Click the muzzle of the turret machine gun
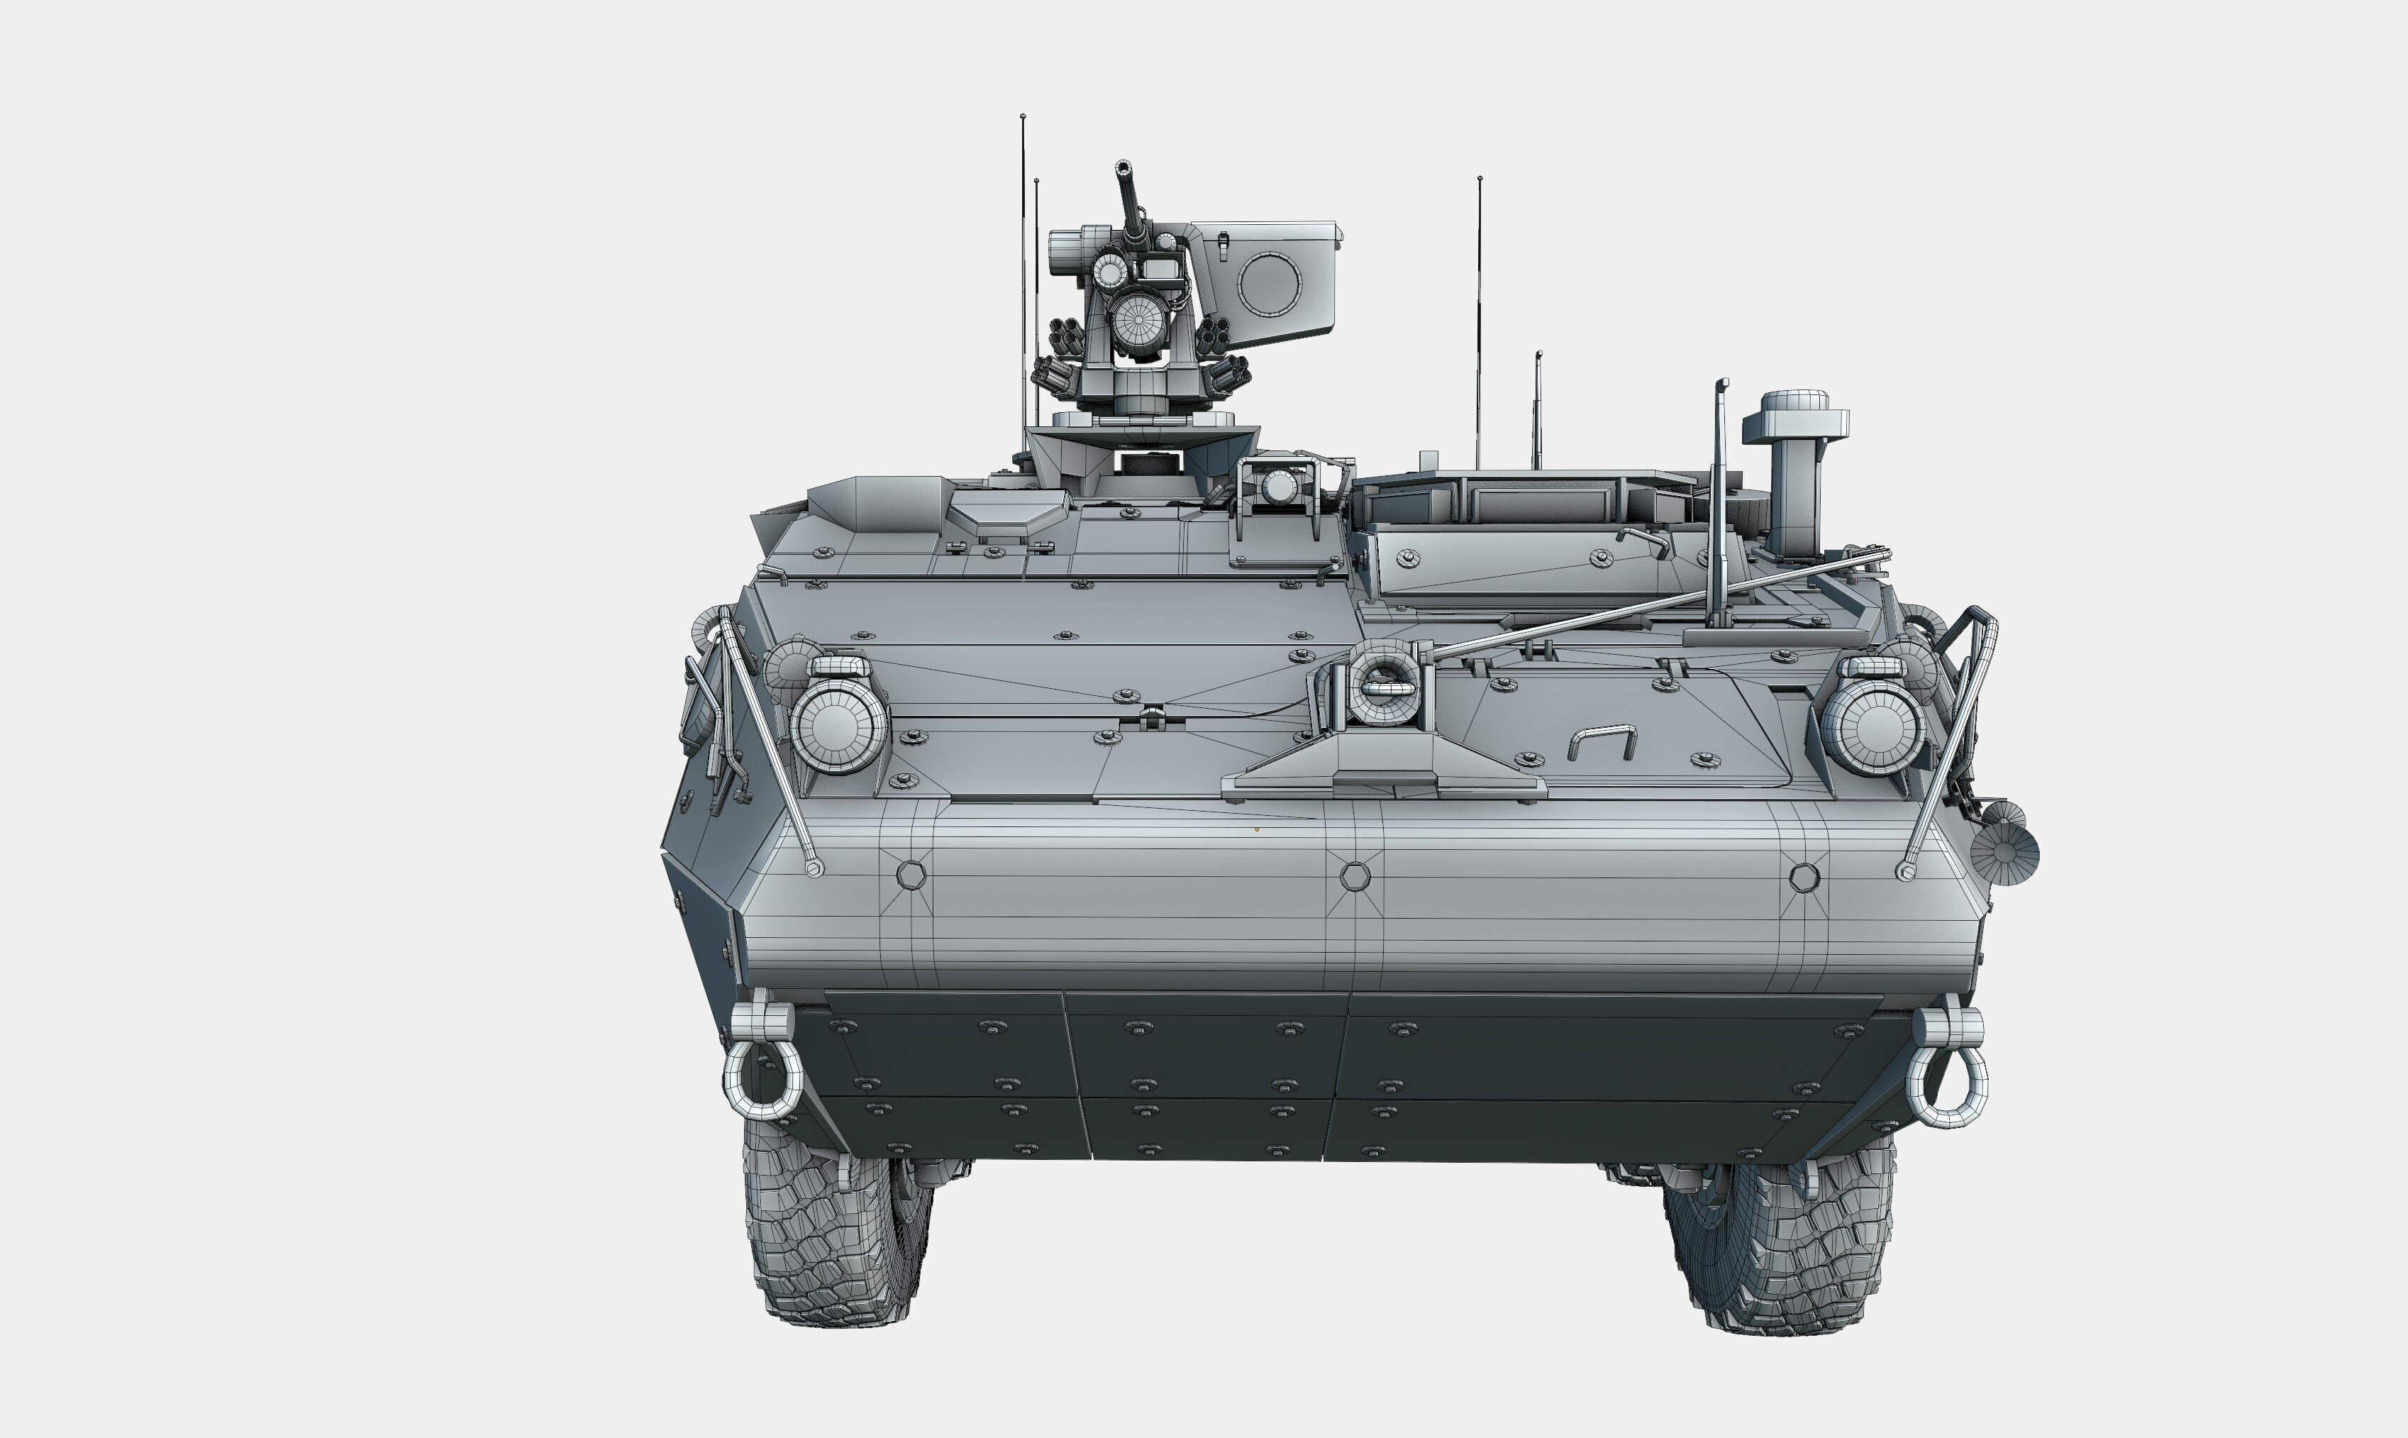[x=1123, y=167]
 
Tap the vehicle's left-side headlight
[x=838, y=725]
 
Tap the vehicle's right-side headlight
[x=1872, y=726]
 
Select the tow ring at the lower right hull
[x=1947, y=1088]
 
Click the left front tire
[x=833, y=1240]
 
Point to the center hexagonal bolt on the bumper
[x=1355, y=877]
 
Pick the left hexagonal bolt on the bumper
[x=911, y=875]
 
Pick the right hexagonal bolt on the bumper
[x=1804, y=879]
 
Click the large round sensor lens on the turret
[x=1139, y=320]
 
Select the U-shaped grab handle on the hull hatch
[x=1602, y=741]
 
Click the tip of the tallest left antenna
[x=1023, y=117]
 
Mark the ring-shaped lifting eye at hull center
[x=1385, y=683]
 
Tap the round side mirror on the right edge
[x=2004, y=853]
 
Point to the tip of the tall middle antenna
[x=1479, y=179]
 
